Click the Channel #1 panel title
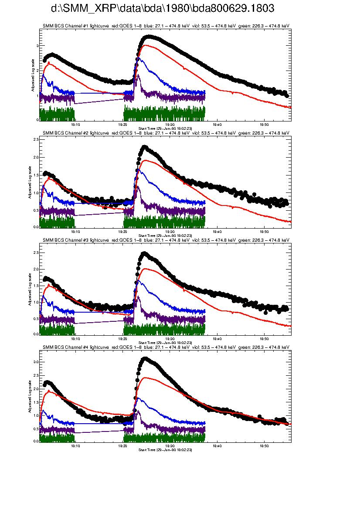pos(166,26)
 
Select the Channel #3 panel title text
pos(166,240)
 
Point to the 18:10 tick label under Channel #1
pos(75,124)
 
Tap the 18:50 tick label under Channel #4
pos(264,446)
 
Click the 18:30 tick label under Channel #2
pos(170,231)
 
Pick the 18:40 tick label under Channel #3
pos(217,338)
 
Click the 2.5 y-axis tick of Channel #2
pos(36,139)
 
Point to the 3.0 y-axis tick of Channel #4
pos(36,362)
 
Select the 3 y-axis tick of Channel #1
pos(37,45)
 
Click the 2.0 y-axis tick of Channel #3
pos(36,269)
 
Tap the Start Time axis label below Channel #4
pos(165,449)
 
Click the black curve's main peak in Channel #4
pos(145,358)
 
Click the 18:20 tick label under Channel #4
pos(122,446)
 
